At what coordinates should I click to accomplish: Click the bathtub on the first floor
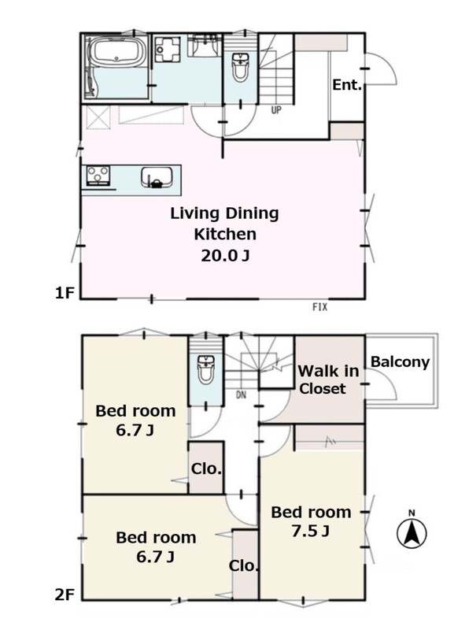[116, 52]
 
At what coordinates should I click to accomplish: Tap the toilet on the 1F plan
[240, 67]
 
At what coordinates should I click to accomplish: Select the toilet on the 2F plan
[206, 369]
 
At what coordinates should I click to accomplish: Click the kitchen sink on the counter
[157, 178]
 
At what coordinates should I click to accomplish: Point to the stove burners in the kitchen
[98, 176]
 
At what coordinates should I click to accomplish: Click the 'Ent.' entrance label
[347, 85]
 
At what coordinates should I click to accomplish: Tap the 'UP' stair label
[276, 109]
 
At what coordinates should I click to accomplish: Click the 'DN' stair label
[241, 395]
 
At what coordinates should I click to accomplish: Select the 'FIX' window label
[320, 307]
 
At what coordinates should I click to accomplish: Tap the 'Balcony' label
[400, 362]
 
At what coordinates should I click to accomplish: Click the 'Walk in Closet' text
[328, 380]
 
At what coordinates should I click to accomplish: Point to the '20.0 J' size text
[225, 256]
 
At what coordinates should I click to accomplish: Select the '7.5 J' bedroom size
[311, 531]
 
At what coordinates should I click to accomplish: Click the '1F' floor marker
[65, 293]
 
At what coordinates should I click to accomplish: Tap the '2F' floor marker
[65, 595]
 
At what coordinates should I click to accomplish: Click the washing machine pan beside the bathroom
[168, 49]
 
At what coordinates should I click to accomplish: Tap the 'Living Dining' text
[224, 213]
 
